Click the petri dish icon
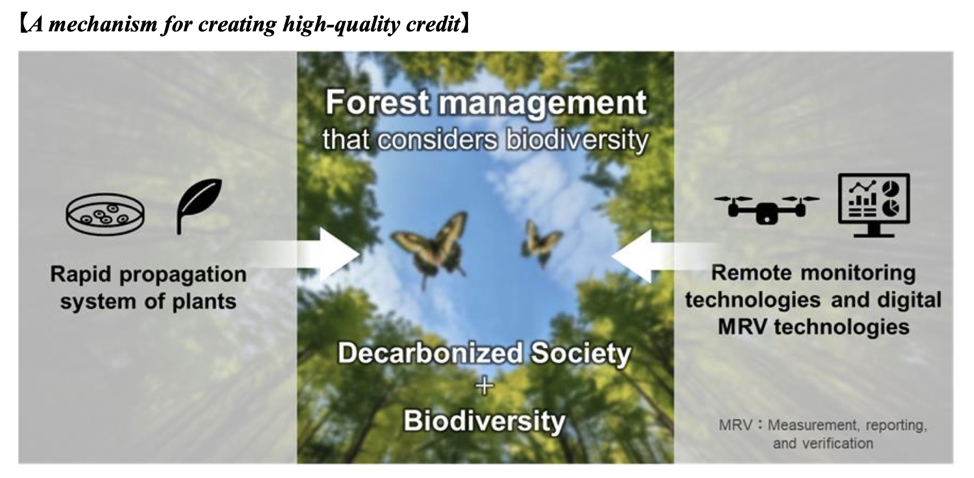point(105,214)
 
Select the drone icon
point(766,209)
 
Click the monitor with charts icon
point(874,205)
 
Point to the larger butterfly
point(430,248)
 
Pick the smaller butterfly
point(541,242)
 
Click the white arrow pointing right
point(304,254)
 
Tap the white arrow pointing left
point(665,256)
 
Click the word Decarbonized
point(430,353)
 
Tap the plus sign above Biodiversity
point(484,386)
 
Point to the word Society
point(581,354)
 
